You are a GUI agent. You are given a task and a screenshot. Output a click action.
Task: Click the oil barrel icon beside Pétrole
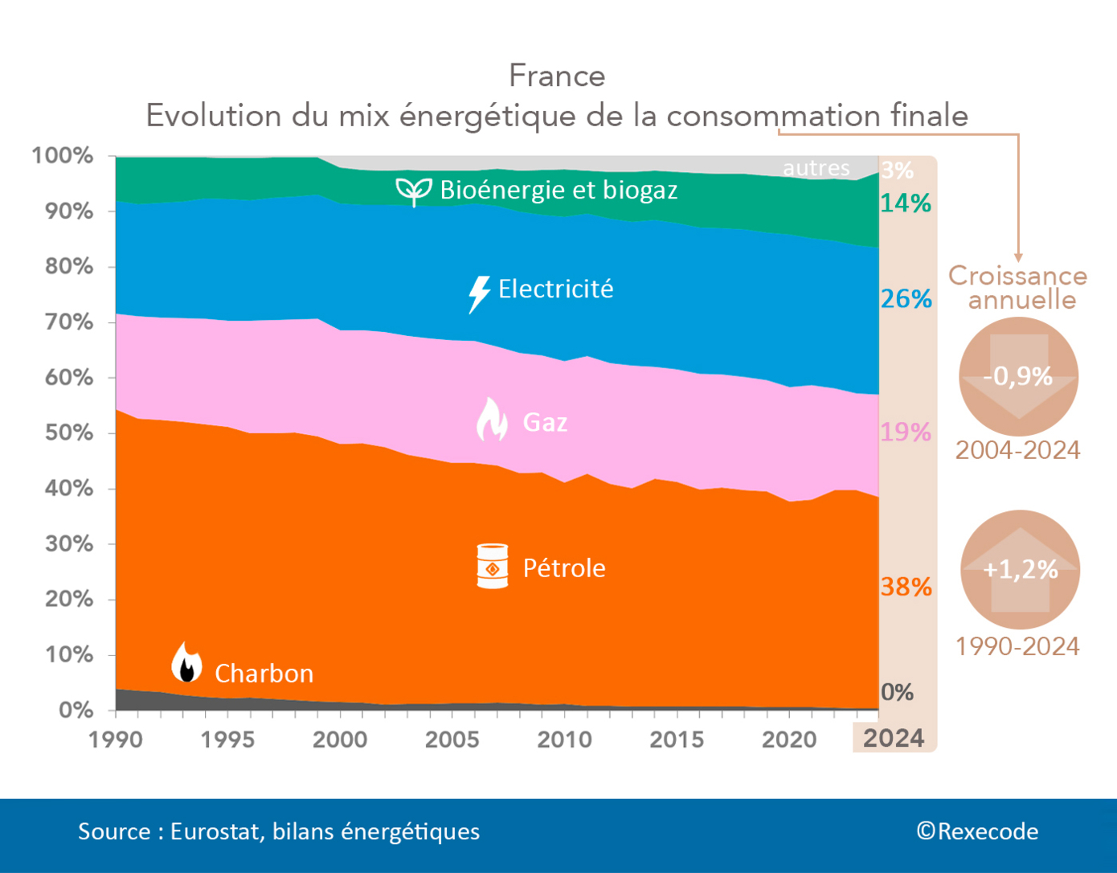pos(492,566)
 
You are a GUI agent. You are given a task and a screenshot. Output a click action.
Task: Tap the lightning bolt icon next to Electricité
pos(479,293)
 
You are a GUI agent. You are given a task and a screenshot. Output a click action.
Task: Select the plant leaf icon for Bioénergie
pos(413,191)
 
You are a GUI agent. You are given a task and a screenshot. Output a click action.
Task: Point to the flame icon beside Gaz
pos(492,420)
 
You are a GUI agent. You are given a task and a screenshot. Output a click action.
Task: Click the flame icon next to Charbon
pos(186,663)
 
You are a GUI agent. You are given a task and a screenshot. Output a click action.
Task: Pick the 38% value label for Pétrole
pos(906,587)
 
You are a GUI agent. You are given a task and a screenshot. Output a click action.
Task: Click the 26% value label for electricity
pos(906,299)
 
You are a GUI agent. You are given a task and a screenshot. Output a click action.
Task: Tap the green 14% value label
pos(906,203)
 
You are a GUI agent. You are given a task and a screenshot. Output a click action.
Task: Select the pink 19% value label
pos(906,432)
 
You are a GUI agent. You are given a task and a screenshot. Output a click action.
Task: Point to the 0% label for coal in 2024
pos(897,692)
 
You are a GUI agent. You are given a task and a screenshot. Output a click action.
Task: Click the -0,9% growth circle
pos(1018,376)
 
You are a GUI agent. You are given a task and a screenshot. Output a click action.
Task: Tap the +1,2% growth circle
pos(1020,570)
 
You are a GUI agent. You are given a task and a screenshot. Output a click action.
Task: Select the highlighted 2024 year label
pos(894,738)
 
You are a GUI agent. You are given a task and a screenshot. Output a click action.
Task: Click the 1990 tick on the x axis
pos(116,739)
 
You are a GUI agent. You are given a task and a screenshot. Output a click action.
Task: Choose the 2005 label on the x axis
pos(452,739)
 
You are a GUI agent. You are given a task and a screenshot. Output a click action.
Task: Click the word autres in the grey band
pos(816,168)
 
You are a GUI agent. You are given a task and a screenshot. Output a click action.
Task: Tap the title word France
pos(557,76)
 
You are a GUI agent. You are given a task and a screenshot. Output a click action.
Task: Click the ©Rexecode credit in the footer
pos(977,831)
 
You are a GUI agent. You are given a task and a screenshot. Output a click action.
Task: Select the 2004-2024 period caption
pos(1017,450)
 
